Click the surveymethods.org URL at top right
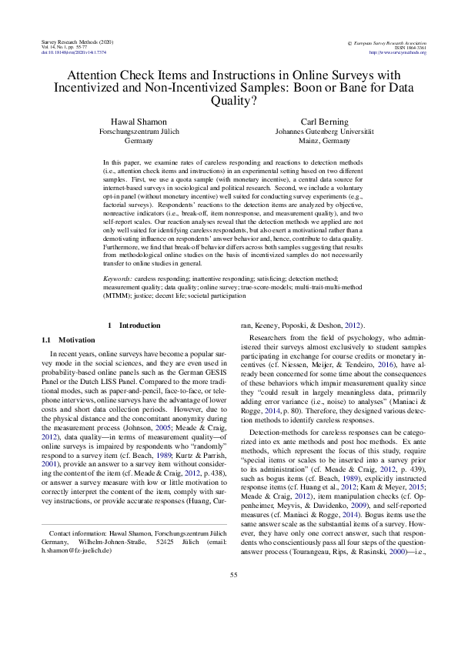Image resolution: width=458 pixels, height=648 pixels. point(396,52)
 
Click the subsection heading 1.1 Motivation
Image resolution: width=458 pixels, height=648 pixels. point(65,339)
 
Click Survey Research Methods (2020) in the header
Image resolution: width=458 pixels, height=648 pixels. point(69,41)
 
